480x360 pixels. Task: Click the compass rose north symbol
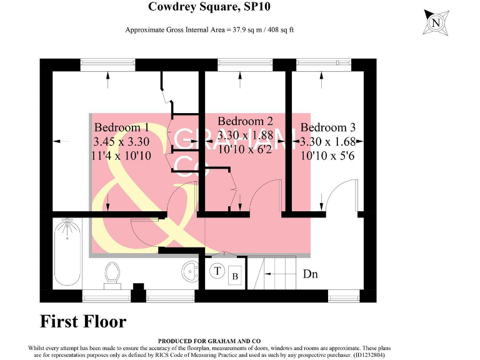point(436,23)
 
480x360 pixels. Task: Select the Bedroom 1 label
point(121,128)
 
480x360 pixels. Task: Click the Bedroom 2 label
point(245,121)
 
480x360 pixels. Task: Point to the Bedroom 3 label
point(327,128)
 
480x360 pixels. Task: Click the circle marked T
point(217,271)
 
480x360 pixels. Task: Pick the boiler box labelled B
point(235,276)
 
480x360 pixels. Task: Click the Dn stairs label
point(311,274)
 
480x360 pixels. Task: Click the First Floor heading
point(83,322)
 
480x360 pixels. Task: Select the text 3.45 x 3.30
point(121,142)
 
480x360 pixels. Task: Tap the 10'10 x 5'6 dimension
point(327,156)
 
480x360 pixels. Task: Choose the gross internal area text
point(210,30)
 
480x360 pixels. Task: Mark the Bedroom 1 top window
point(108,63)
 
